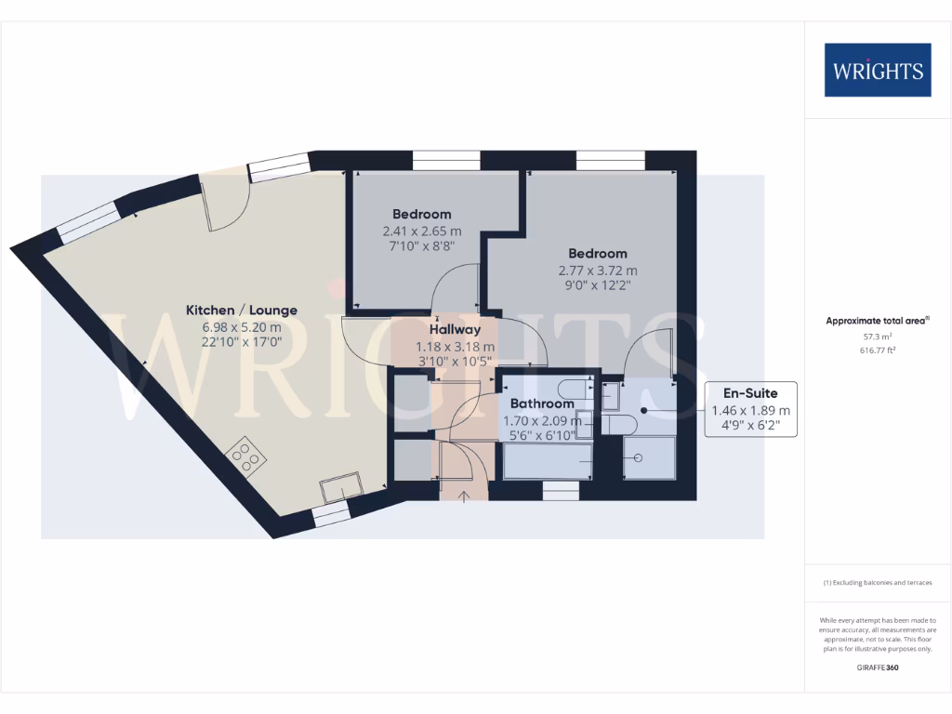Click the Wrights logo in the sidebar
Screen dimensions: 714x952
coord(878,70)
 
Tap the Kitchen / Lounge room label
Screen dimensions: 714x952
coord(242,310)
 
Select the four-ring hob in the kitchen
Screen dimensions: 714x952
coord(247,456)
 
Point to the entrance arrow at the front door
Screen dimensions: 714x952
coord(464,494)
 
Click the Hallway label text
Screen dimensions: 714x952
coord(455,329)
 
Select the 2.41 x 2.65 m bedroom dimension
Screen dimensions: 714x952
coord(421,231)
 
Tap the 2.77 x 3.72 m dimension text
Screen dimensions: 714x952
coord(598,271)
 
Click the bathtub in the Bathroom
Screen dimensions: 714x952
coord(548,461)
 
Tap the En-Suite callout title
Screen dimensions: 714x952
coord(751,392)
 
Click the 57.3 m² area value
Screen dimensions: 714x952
coord(878,337)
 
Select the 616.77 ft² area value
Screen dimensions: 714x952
coord(878,350)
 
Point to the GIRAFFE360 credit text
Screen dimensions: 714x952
coord(878,668)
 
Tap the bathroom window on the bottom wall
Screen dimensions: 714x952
coord(561,492)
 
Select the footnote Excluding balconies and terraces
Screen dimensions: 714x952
coord(878,583)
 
